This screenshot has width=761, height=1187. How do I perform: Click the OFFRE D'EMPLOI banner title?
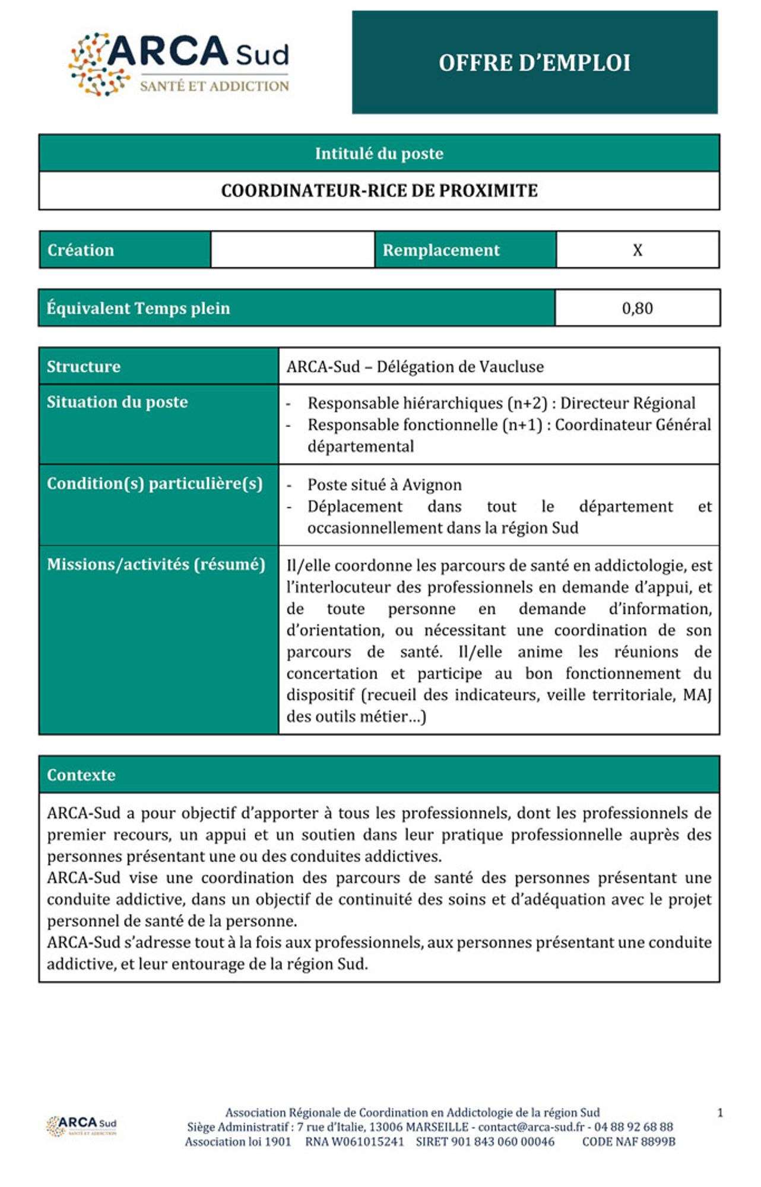(x=534, y=62)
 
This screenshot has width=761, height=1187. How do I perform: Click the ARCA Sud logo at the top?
(x=179, y=64)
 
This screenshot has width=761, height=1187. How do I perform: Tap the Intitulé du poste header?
(x=379, y=154)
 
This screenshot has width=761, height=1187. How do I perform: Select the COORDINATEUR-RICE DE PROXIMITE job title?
(x=379, y=191)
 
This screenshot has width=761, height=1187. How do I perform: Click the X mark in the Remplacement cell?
(x=637, y=250)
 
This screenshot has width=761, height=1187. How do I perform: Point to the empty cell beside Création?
(x=292, y=250)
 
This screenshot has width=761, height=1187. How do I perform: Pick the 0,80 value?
(x=637, y=308)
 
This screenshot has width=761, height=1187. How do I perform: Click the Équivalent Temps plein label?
(x=138, y=308)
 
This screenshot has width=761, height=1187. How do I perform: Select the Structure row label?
(x=84, y=366)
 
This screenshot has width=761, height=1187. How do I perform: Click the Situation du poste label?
(x=117, y=402)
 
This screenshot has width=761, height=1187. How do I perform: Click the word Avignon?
(x=432, y=485)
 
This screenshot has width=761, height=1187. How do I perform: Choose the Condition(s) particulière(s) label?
(x=154, y=483)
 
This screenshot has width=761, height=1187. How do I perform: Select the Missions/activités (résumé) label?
(x=156, y=564)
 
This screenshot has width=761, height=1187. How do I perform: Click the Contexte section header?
(x=81, y=775)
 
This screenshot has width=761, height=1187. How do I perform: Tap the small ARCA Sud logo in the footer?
(x=81, y=1125)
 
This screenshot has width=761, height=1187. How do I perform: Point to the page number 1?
(x=719, y=1113)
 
